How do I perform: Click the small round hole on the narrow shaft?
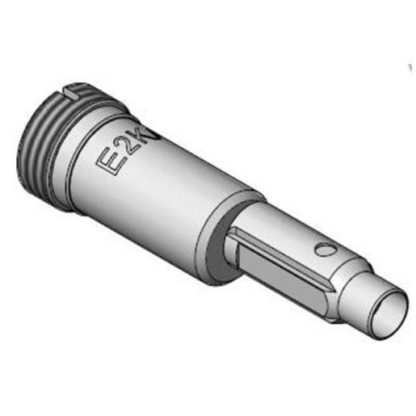pyautogui.click(x=323, y=251)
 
